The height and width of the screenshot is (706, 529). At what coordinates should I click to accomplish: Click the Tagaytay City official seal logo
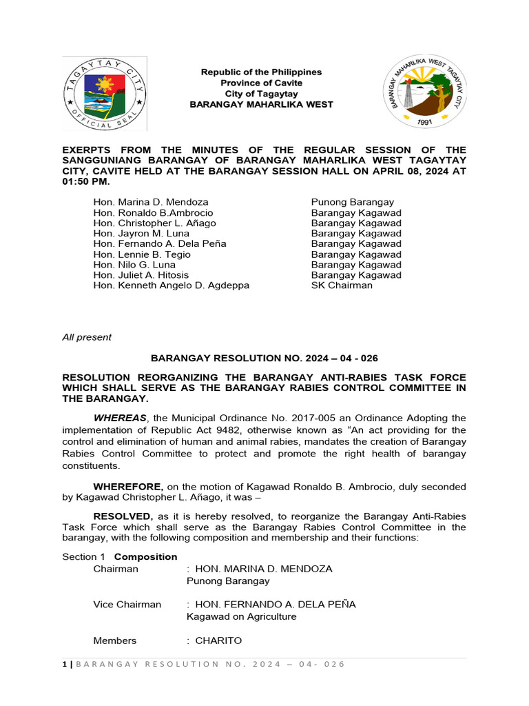click(104, 93)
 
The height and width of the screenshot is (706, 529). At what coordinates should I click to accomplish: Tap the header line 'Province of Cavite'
click(261, 83)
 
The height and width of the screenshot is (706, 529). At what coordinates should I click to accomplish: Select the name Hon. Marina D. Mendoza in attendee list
click(151, 202)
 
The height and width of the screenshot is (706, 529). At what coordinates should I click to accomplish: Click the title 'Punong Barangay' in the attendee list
click(353, 202)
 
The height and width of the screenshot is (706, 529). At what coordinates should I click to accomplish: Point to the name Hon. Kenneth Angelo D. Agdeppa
click(172, 285)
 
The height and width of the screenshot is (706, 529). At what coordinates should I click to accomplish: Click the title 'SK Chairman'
click(342, 285)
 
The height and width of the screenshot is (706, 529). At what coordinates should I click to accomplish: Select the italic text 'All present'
click(87, 337)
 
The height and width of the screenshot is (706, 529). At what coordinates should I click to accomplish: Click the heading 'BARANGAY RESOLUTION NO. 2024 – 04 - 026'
click(264, 359)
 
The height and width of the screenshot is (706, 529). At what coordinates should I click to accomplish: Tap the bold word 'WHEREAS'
click(121, 418)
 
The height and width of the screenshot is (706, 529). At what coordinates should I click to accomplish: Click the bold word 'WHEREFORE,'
click(125, 487)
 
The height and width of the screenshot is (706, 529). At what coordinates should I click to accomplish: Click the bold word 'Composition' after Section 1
click(145, 556)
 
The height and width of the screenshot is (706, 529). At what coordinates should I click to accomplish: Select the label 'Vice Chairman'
click(127, 604)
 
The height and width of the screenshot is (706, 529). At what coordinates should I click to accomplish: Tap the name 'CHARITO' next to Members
click(218, 641)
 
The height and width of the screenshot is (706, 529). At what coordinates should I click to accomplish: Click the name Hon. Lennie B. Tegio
click(142, 254)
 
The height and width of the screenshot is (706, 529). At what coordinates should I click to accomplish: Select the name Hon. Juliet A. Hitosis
click(141, 275)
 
